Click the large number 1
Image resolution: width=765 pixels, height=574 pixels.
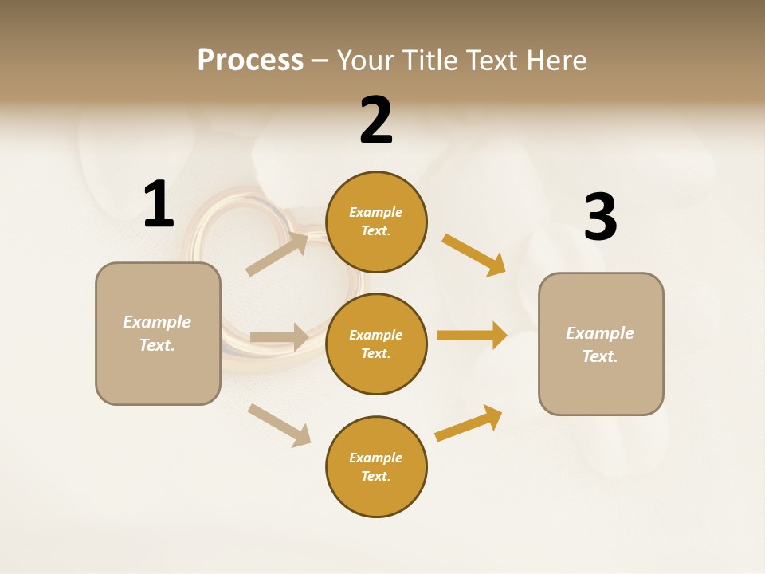pos(159,204)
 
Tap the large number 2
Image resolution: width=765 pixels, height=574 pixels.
pos(376,120)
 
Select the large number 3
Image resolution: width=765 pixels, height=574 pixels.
pos(600,218)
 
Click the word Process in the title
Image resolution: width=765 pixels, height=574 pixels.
pos(250,60)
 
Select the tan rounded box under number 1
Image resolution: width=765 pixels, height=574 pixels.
pos(158,333)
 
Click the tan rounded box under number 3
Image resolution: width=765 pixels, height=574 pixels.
pos(601,344)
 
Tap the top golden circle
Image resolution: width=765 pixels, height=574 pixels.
pos(376,222)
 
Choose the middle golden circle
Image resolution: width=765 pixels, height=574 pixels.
pos(376,344)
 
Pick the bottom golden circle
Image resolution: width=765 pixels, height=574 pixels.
pos(376,467)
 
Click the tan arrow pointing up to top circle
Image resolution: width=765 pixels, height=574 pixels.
pos(277,254)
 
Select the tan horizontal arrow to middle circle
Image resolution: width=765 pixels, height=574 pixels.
pos(279,337)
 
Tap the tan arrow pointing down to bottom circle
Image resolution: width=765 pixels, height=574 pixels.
pos(279,425)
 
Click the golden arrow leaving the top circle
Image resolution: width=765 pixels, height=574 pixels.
pos(474,255)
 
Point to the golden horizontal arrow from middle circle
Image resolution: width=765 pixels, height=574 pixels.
pos(472,335)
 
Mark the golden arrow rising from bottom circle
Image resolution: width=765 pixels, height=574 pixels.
pos(469,423)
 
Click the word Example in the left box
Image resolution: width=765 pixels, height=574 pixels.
pos(157,322)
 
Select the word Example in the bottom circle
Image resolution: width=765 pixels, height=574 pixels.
pos(375,458)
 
